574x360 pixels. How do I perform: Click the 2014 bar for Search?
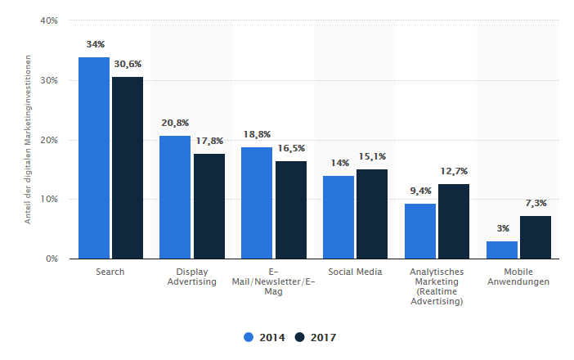click(94, 158)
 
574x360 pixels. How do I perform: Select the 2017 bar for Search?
click(128, 168)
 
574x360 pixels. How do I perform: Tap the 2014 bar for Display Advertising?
click(175, 197)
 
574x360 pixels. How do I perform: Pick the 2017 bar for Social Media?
click(372, 214)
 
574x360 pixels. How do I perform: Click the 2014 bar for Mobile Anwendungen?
click(502, 250)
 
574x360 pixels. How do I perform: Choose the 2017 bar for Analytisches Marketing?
click(454, 221)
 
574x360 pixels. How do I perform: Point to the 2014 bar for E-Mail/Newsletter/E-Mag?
click(257, 203)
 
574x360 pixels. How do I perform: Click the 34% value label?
click(94, 43)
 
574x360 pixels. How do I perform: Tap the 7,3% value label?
click(536, 203)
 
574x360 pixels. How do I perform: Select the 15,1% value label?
click(373, 156)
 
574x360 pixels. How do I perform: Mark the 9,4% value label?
click(419, 191)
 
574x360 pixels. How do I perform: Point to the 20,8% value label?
click(175, 123)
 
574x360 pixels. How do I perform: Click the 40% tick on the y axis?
click(48, 21)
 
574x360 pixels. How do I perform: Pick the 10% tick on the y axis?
click(48, 200)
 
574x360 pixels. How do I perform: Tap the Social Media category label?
click(355, 272)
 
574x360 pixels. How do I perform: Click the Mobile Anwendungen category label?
click(518, 277)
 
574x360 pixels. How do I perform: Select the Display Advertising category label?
click(191, 277)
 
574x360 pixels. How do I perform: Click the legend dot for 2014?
click(249, 337)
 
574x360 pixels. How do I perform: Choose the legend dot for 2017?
click(299, 337)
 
